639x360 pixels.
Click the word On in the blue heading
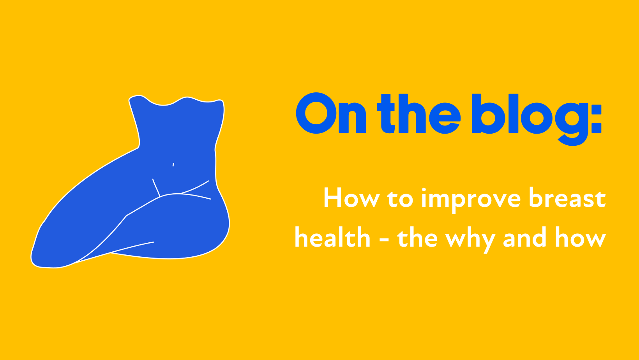pyautogui.click(x=331, y=113)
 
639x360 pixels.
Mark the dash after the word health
pyautogui.click(x=384, y=240)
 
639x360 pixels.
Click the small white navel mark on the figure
pyautogui.click(x=173, y=165)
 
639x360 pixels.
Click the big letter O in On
pyautogui.click(x=316, y=113)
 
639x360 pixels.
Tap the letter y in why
pyautogui.click(x=487, y=242)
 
